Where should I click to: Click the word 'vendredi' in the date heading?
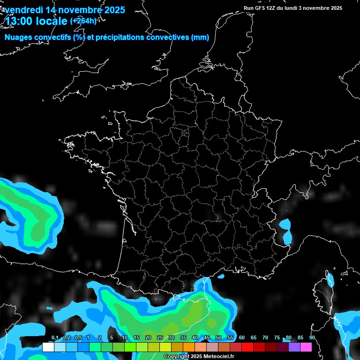[x=24, y=9]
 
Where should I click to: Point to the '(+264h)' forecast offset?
[x=83, y=21]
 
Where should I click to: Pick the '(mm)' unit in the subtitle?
[x=200, y=37]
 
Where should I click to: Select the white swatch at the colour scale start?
[x=48, y=347]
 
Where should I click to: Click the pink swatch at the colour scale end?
[x=306, y=347]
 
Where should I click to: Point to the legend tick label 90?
[x=312, y=337]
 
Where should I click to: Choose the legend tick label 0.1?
[x=55, y=337]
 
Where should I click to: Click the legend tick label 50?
[x=218, y=337]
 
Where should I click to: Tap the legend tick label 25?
[x=160, y=337]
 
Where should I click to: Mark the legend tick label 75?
[x=277, y=337]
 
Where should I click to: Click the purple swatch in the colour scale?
[x=294, y=347]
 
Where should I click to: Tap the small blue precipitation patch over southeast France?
[x=285, y=225]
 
